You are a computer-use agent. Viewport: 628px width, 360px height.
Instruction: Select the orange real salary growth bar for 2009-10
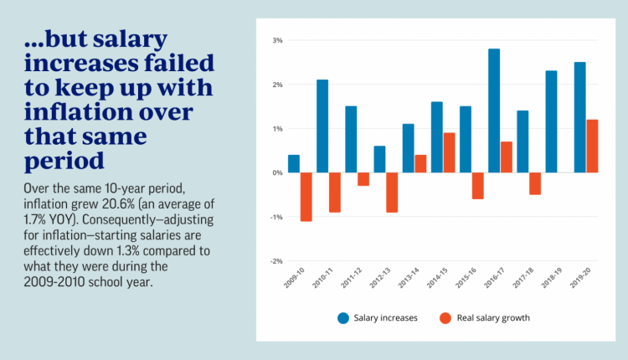tap(306, 197)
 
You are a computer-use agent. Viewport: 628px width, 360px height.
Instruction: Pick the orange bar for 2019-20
tap(592, 147)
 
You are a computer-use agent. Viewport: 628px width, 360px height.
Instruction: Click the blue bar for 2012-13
tap(379, 159)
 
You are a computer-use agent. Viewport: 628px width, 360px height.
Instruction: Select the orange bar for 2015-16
tap(477, 186)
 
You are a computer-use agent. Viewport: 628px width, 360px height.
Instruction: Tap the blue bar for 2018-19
tap(551, 121)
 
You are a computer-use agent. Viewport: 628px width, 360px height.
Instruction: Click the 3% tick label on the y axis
tap(277, 40)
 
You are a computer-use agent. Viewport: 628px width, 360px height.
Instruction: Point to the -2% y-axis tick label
tap(276, 261)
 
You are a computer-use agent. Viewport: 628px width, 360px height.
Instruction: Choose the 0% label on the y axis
tap(277, 172)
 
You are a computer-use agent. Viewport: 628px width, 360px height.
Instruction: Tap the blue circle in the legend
tap(343, 318)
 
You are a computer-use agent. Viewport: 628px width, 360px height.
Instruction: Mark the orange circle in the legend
tap(445, 318)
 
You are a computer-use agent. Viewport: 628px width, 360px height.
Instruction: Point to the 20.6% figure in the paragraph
tap(121, 203)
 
